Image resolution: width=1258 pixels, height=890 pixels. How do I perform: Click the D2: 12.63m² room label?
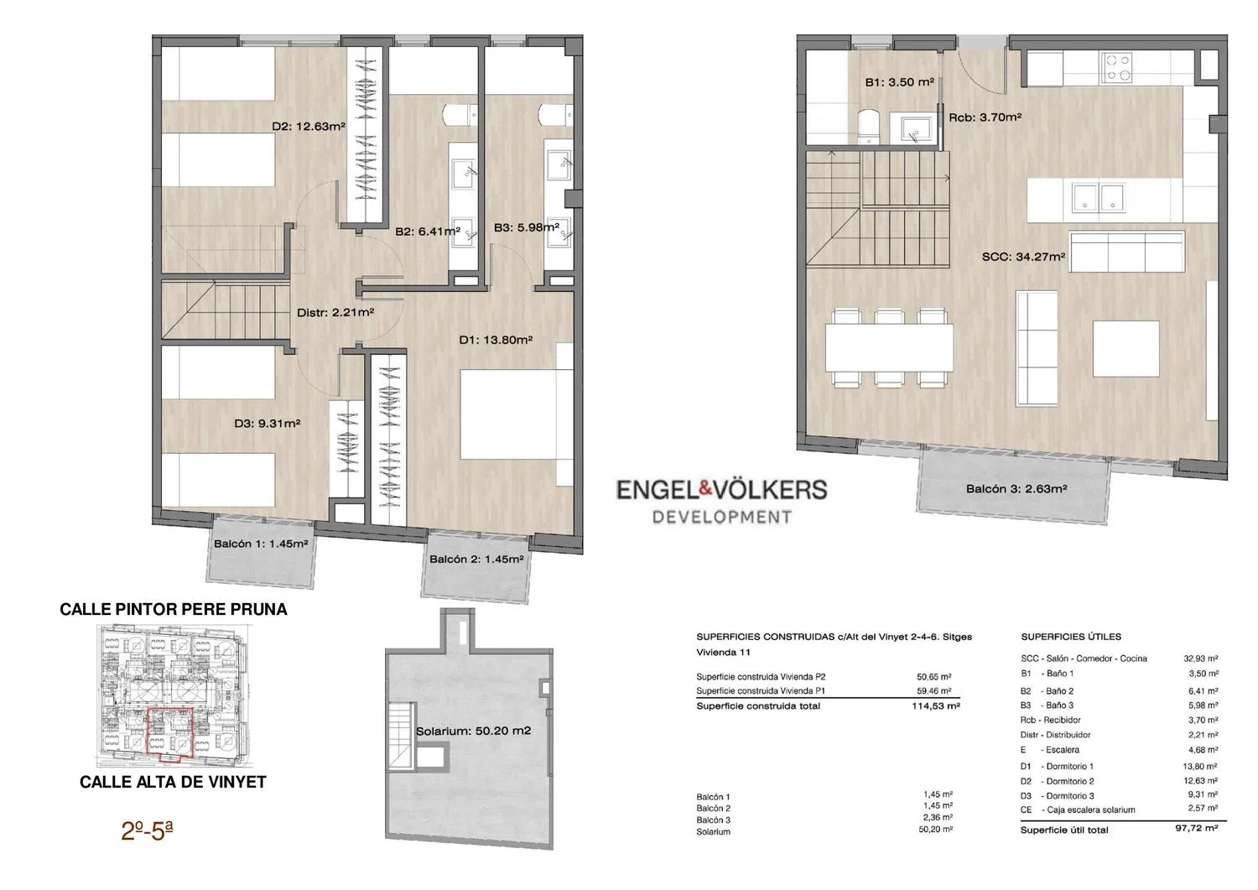[x=309, y=127]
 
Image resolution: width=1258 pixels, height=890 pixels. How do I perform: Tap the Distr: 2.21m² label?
[x=335, y=312]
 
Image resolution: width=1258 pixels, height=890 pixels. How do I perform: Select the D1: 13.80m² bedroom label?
[x=496, y=340]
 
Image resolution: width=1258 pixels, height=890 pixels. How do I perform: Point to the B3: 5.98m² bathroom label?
[x=527, y=227]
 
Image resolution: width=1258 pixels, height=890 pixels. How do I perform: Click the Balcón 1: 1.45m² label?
[x=261, y=544]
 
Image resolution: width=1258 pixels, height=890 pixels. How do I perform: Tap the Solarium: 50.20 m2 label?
[x=474, y=731]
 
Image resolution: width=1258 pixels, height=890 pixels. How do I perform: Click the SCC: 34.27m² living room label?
[x=1023, y=257]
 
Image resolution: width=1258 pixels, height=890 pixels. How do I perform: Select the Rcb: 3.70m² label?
[x=985, y=117]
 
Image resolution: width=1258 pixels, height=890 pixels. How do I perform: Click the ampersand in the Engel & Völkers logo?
[x=705, y=489]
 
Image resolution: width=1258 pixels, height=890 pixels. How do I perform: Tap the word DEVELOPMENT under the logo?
[x=721, y=517]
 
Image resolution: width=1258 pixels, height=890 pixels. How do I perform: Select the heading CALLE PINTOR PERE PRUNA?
[x=174, y=609]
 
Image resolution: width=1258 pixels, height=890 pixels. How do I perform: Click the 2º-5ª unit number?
[x=147, y=831]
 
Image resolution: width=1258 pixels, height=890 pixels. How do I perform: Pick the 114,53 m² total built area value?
[x=936, y=706]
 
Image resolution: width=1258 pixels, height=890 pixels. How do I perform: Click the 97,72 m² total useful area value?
[x=1197, y=829]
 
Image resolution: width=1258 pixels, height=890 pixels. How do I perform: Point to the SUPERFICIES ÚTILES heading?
[x=1071, y=637]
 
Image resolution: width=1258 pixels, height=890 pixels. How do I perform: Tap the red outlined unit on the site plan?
[x=170, y=734]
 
